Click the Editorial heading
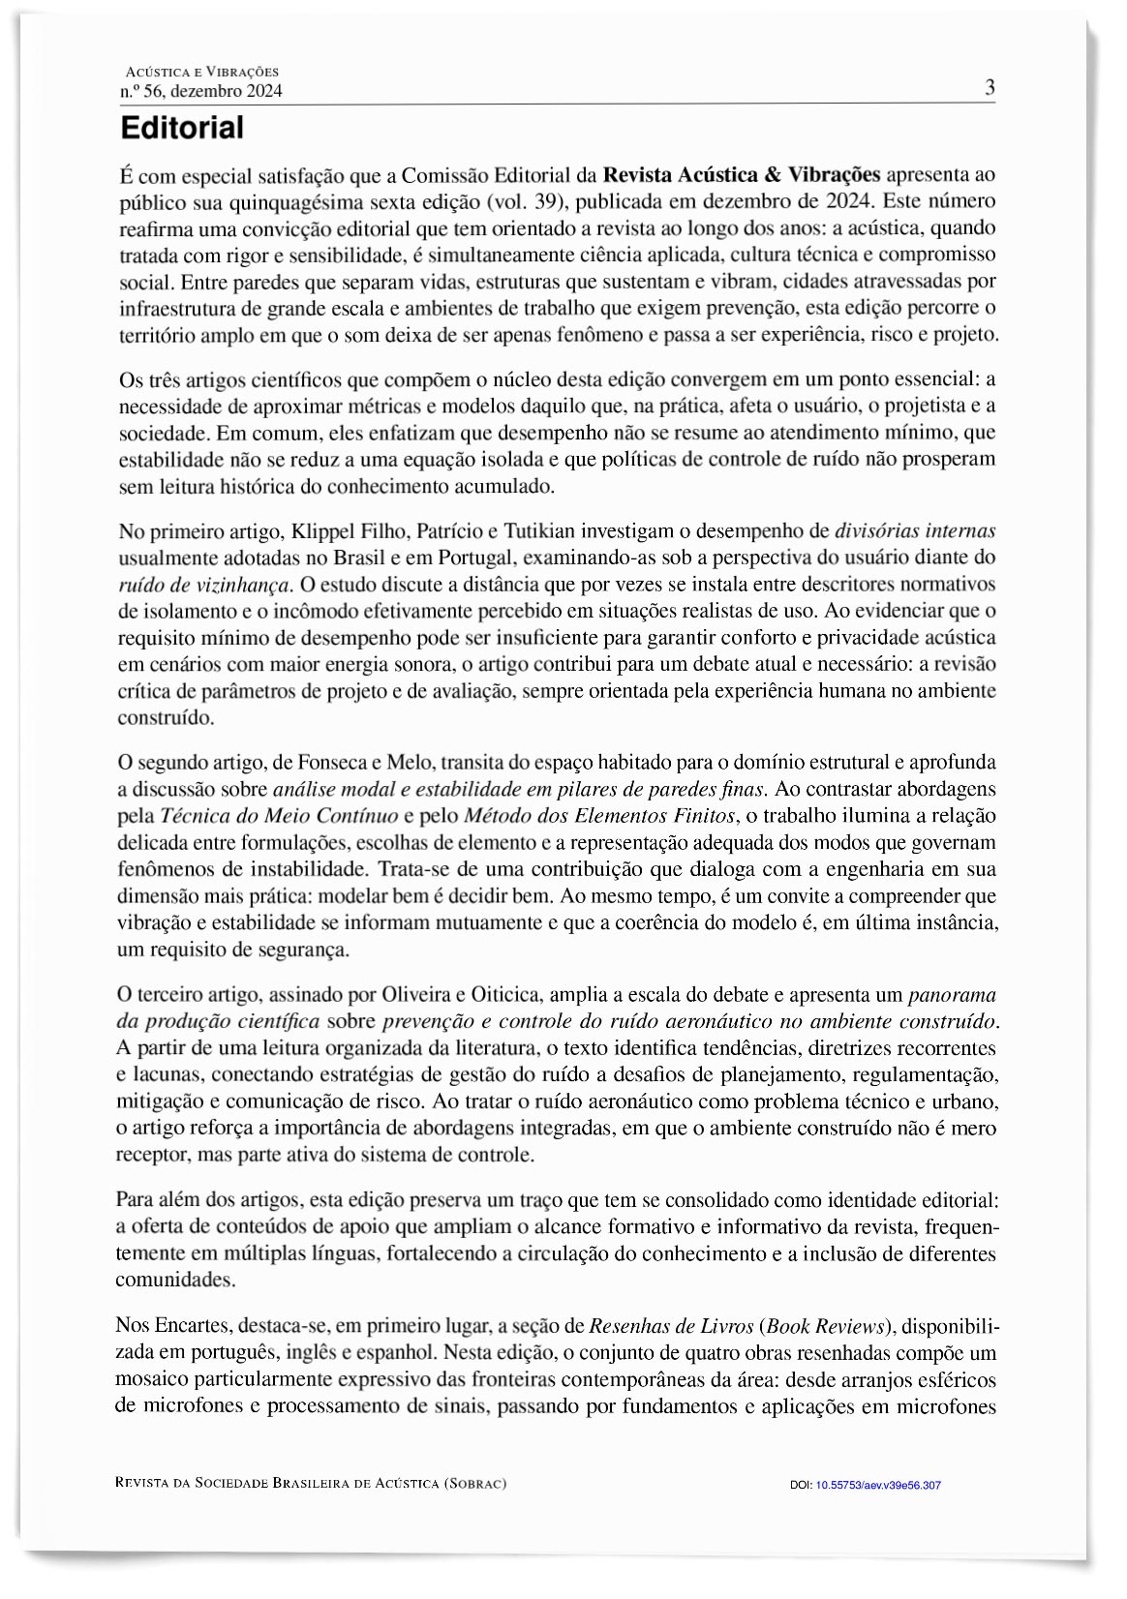[181, 128]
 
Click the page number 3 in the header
[990, 88]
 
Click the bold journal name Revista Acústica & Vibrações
[741, 175]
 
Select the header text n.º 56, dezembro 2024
[200, 92]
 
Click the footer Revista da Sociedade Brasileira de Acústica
[310, 1483]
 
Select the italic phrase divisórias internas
[915, 531]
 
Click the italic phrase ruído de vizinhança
[203, 585]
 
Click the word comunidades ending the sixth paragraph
[174, 1280]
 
